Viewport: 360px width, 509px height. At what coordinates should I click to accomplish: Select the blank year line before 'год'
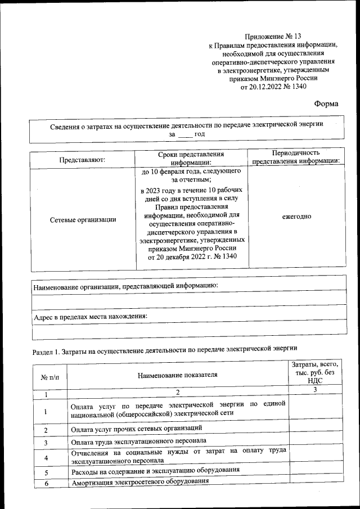click(x=184, y=135)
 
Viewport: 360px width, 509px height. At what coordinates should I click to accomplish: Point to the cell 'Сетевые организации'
click(x=83, y=219)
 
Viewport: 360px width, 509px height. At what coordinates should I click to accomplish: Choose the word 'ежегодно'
click(x=296, y=217)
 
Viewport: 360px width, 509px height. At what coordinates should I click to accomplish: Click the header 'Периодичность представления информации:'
click(x=296, y=157)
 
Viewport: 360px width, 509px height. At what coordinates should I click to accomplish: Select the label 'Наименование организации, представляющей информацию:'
click(x=125, y=286)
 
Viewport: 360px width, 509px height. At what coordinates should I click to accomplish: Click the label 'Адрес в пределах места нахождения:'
click(x=91, y=317)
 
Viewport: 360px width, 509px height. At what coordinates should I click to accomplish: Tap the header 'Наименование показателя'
click(x=177, y=375)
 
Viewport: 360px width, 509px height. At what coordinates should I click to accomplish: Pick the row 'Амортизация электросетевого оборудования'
click(x=139, y=482)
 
